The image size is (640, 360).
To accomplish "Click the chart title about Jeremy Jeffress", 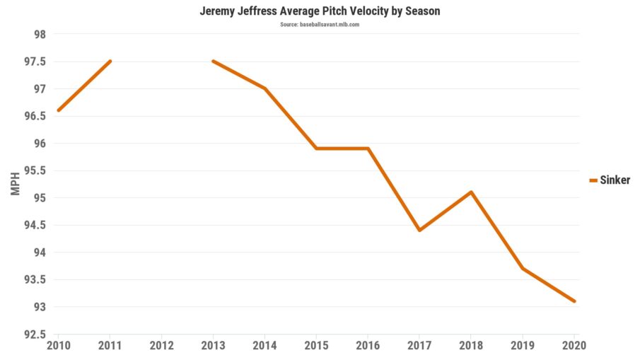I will click(x=319, y=12).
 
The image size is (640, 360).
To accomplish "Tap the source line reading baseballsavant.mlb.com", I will click(x=320, y=25).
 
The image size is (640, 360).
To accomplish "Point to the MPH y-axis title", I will click(x=16, y=183).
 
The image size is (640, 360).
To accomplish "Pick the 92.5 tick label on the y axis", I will click(x=34, y=335).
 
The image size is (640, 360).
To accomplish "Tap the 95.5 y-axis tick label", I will click(x=34, y=171).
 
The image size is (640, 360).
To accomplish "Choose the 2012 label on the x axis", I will click(x=161, y=347).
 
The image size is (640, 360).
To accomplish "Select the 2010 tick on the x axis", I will click(x=58, y=347).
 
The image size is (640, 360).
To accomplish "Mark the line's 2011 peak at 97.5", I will click(x=110, y=62).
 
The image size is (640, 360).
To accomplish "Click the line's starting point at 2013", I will click(x=213, y=62).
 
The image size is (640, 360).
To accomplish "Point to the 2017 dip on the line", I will click(x=419, y=230).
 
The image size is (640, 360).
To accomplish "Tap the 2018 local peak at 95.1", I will click(x=471, y=192).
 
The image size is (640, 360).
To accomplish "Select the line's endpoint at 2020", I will click(x=574, y=301).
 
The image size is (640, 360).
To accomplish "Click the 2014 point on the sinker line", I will click(x=264, y=88).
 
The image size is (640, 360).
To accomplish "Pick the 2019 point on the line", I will click(x=523, y=268).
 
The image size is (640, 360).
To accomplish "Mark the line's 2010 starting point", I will click(x=58, y=110).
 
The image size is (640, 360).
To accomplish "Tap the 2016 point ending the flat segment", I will click(x=368, y=149).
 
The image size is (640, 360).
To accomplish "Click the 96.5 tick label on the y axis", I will click(x=34, y=117).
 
